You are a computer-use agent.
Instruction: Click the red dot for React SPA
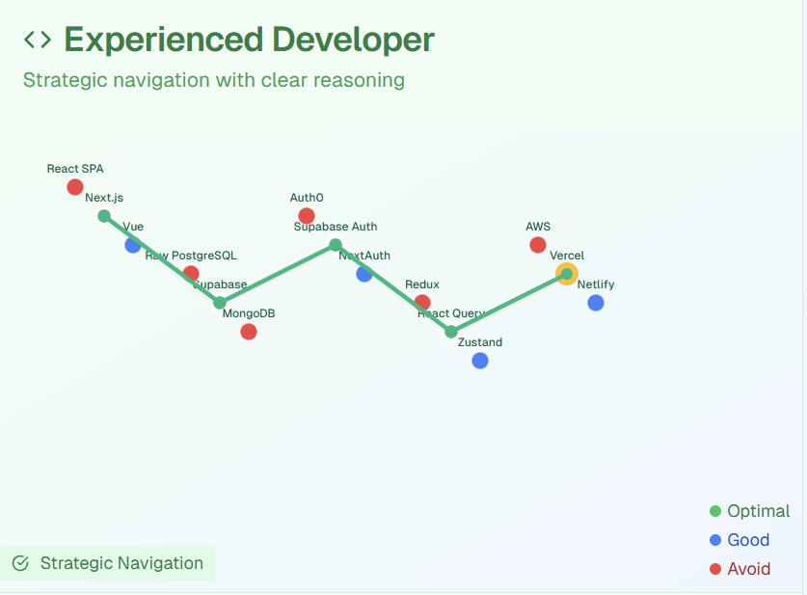[75, 187]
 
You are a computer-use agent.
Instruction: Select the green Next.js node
[104, 216]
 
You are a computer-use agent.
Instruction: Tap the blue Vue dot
[133, 245]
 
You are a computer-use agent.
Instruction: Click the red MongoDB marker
[249, 332]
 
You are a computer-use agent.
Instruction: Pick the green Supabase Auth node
[336, 245]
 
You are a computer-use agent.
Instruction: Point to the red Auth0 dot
[307, 216]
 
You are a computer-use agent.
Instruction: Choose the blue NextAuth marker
[364, 274]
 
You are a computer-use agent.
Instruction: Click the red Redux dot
[422, 303]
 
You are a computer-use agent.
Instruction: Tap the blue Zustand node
[480, 361]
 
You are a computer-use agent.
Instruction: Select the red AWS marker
[538, 245]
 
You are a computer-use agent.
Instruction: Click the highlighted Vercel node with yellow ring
[567, 274]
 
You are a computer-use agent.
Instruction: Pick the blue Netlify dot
[596, 303]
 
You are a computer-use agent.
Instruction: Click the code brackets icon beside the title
[38, 40]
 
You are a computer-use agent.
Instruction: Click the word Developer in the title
[353, 40]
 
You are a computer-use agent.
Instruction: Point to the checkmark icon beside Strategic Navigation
[20, 563]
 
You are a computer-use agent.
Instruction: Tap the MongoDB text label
[249, 313]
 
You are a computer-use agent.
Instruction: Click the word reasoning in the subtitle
[361, 80]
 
